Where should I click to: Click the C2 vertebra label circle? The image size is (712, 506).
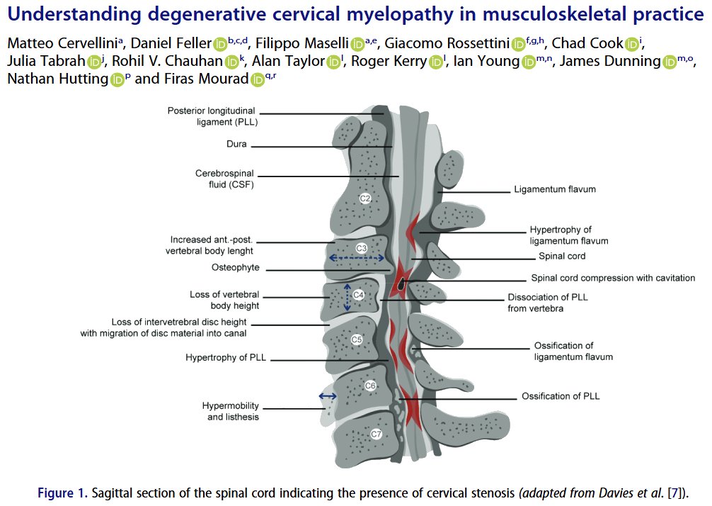click(365, 198)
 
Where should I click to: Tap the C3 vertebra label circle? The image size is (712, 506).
click(361, 249)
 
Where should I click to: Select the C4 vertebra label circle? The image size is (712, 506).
click(358, 295)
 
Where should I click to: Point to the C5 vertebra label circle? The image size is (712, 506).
click(357, 340)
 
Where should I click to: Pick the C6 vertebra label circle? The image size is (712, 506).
click(369, 386)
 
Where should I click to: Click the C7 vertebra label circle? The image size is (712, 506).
click(376, 433)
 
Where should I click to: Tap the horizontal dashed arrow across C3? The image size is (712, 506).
click(358, 259)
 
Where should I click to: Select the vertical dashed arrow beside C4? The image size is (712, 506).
click(347, 298)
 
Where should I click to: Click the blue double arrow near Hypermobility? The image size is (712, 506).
click(328, 396)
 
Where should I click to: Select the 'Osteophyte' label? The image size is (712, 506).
click(235, 268)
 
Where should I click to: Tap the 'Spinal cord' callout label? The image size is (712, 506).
click(562, 256)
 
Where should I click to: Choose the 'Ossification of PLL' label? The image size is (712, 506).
click(561, 396)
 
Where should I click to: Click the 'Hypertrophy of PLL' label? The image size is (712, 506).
click(225, 358)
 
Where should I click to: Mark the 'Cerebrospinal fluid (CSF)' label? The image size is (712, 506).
click(224, 179)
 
